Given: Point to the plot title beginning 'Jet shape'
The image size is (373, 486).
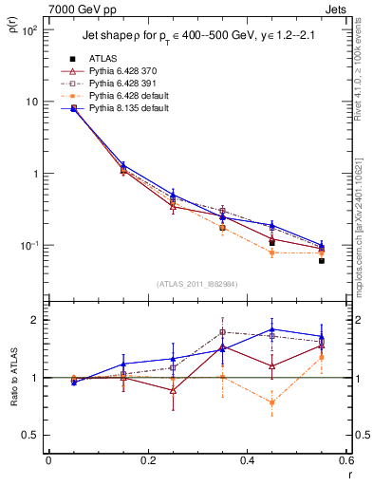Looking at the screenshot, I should tap(191, 35).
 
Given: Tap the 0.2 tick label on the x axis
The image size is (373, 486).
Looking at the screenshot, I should tap(147, 461).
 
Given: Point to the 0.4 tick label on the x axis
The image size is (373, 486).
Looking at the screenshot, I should tap(247, 461).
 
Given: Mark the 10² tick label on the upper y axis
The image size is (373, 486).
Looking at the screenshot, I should tap(29, 30).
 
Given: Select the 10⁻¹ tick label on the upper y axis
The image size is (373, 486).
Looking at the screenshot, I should tap(29, 245).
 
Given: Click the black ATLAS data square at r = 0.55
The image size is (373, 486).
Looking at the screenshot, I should tap(322, 260).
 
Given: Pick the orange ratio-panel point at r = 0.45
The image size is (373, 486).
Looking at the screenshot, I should tap(272, 402).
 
